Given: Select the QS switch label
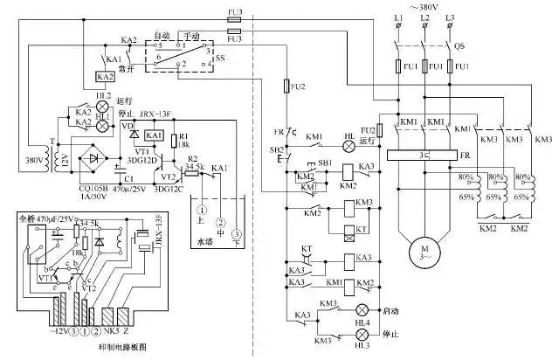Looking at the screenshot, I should [x=458, y=48].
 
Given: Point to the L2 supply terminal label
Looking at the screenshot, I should [x=424, y=17].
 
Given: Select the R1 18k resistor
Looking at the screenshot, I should [x=183, y=140].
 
